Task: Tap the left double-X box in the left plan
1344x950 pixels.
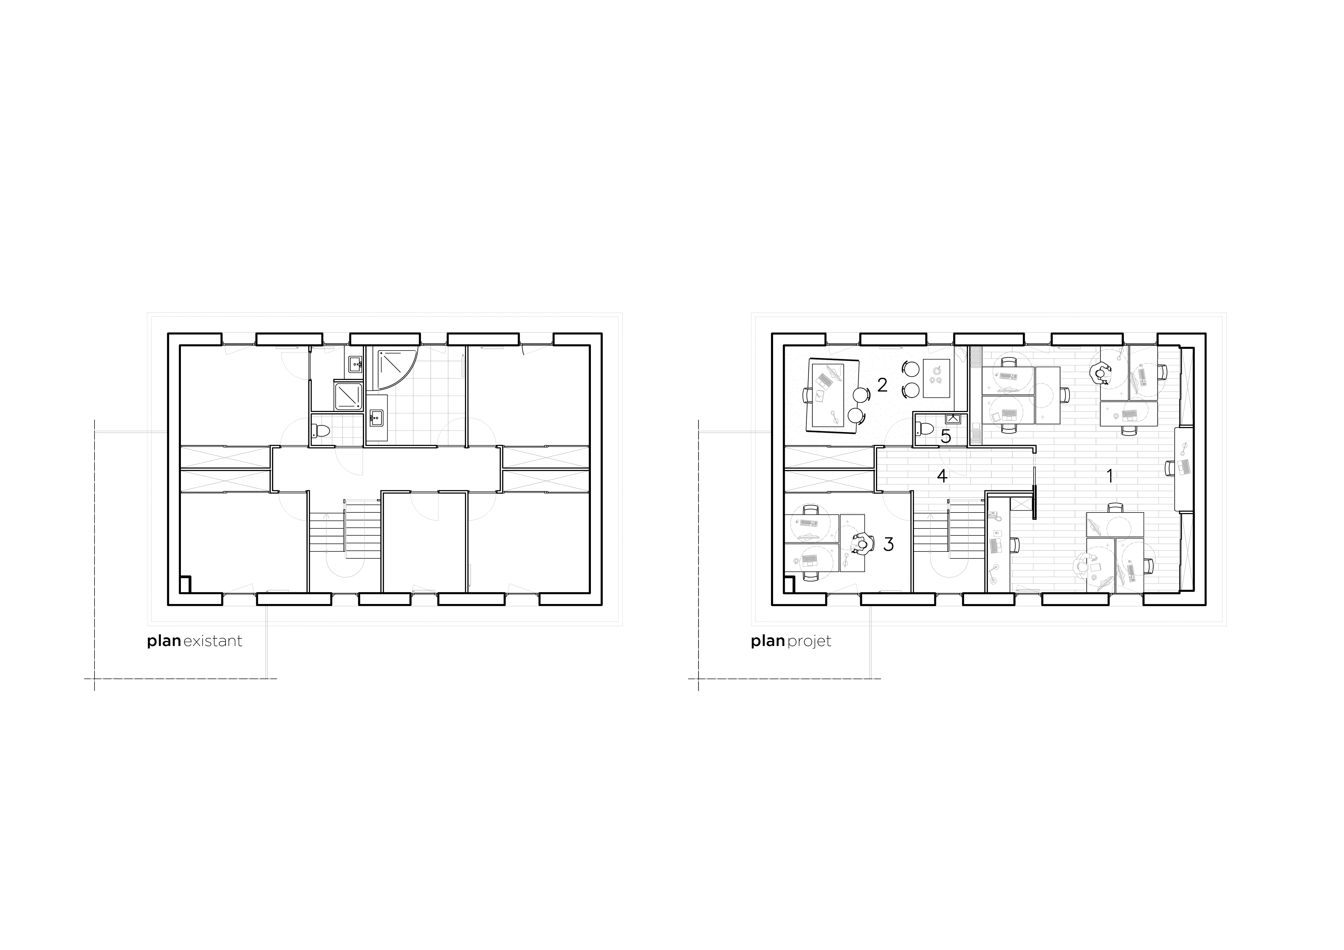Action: click(225, 469)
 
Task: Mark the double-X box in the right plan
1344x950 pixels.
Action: click(829, 469)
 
